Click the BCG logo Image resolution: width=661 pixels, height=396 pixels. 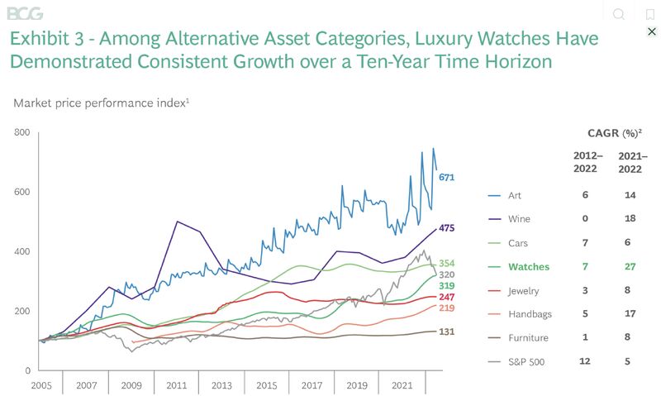(24, 13)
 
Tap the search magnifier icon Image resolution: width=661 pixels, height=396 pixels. (618, 14)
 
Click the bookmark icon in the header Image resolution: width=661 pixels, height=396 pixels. (650, 14)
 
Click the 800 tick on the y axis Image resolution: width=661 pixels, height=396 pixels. (21, 132)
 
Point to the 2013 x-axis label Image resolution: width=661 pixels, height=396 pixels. (221, 386)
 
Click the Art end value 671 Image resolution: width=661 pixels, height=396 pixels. (447, 178)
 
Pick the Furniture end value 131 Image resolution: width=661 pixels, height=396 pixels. (447, 332)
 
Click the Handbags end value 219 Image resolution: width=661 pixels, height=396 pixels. (447, 308)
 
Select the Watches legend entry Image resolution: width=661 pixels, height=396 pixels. (528, 267)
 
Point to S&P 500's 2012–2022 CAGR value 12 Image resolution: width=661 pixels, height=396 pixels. (585, 361)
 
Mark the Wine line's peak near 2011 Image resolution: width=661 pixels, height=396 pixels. (178, 222)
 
